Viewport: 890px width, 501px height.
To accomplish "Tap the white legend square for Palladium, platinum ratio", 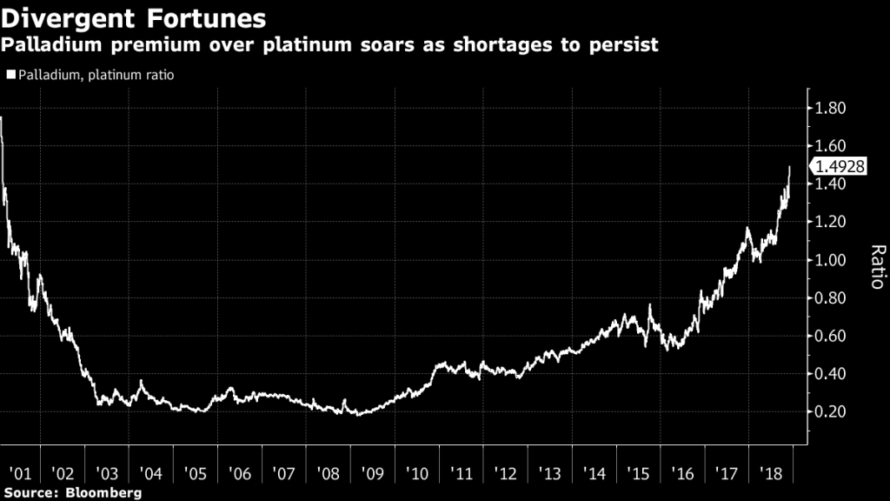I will pos(10,76).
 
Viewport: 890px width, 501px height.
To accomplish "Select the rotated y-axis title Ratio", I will pos(877,266).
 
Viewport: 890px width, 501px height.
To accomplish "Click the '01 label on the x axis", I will pos(18,474).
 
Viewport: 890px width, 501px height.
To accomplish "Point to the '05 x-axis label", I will pos(196,474).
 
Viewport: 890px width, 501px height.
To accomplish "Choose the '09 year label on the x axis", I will pos(373,474).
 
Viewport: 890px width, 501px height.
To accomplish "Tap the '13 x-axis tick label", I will pos(550,474).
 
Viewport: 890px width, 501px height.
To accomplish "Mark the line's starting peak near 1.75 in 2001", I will pos(2,117).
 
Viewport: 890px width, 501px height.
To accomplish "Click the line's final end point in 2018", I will pos(789,166).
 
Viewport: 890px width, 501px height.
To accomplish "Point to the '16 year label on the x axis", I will pos(683,474).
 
